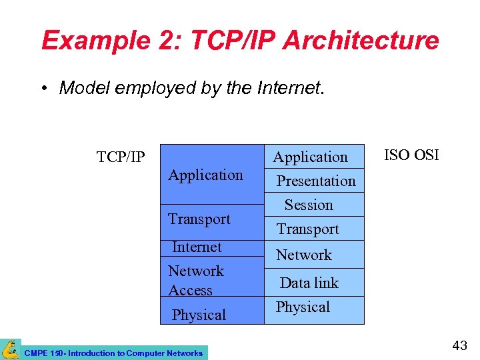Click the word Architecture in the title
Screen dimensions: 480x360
pyautogui.click(x=361, y=41)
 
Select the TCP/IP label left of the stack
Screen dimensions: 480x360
pyautogui.click(x=121, y=157)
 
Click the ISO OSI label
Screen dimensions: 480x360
pyautogui.click(x=411, y=155)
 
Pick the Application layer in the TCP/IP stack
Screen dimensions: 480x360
pyautogui.click(x=205, y=175)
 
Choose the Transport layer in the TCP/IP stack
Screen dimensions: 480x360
pyautogui.click(x=199, y=219)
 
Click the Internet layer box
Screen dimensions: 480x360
pyautogui.click(x=197, y=247)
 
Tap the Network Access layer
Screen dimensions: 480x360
pyautogui.click(x=196, y=281)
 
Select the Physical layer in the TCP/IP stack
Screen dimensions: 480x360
pyautogui.click(x=199, y=315)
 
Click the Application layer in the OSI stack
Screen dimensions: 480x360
pyautogui.click(x=311, y=157)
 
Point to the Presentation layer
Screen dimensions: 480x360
pyautogui.click(x=316, y=181)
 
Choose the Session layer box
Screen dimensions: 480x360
pyautogui.click(x=309, y=205)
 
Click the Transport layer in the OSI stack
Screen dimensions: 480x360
pyautogui.click(x=308, y=229)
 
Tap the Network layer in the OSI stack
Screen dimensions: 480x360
pyautogui.click(x=304, y=255)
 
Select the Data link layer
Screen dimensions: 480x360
pyautogui.click(x=309, y=283)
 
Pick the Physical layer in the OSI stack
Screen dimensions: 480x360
pyautogui.click(x=303, y=307)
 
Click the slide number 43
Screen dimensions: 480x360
pyautogui.click(x=459, y=345)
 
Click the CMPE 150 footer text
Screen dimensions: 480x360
pyautogui.click(x=113, y=353)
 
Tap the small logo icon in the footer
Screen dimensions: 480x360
pyautogui.click(x=10, y=349)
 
